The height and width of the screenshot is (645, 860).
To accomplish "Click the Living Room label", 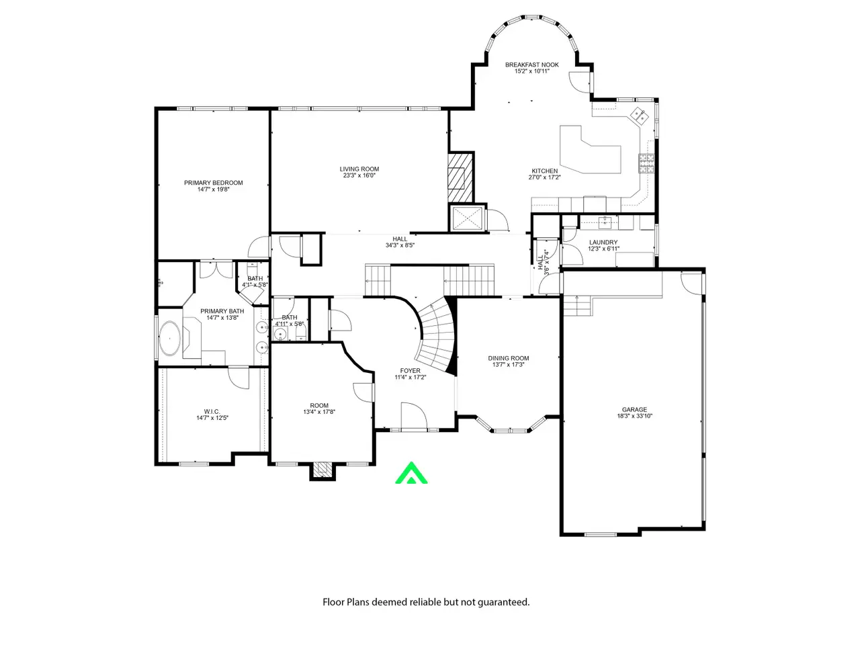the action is (359, 169).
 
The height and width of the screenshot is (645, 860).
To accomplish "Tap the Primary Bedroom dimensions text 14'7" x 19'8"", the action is (213, 189).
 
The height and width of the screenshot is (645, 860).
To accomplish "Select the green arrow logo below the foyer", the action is (411, 473).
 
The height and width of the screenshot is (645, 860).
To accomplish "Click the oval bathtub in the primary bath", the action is (170, 339).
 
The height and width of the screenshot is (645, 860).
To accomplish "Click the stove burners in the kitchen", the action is (647, 163).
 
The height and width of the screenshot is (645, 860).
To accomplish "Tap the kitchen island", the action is (590, 150).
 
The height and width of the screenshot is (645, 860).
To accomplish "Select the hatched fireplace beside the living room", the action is (460, 178).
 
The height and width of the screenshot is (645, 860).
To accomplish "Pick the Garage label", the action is (634, 410).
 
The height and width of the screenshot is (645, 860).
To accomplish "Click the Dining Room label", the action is (508, 358).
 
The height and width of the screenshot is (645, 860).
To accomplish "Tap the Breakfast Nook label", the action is (531, 64).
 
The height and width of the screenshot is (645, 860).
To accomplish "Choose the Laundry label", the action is (603, 243).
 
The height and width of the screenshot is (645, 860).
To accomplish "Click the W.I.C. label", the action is (212, 412).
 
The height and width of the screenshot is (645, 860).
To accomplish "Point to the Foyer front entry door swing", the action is (413, 416).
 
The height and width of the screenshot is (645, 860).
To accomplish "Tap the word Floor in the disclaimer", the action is (333, 602).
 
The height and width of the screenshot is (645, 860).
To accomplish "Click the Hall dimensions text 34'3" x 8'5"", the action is (400, 245).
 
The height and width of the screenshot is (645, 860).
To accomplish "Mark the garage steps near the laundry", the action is (576, 306).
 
